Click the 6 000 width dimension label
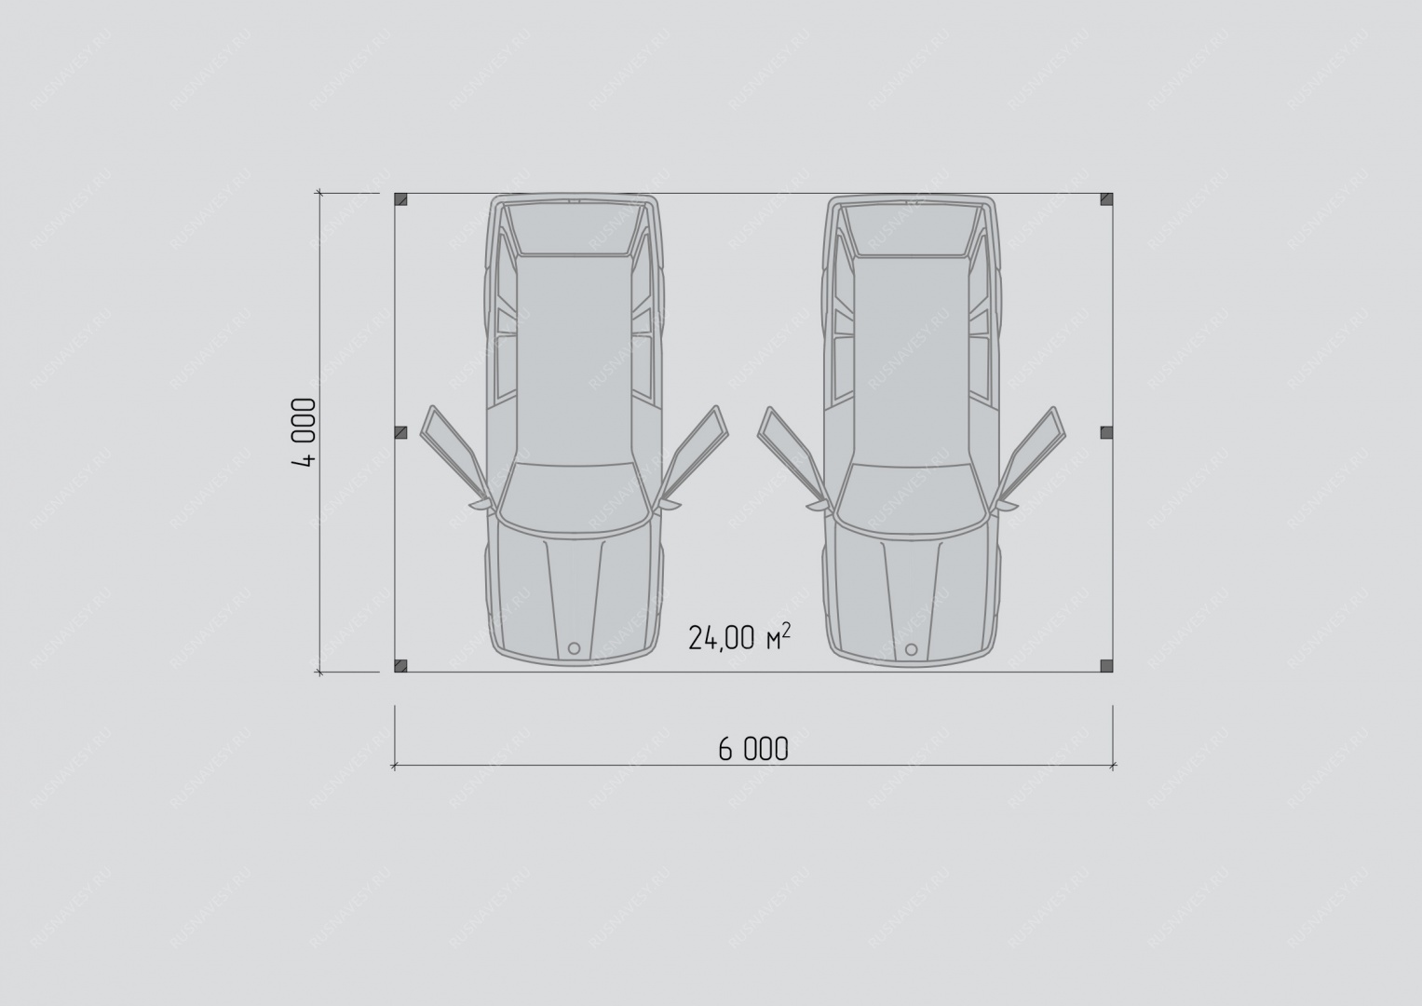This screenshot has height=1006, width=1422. pyautogui.click(x=753, y=750)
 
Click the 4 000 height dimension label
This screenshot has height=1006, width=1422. pyautogui.click(x=304, y=432)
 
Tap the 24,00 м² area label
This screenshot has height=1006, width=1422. pyautogui.click(x=739, y=638)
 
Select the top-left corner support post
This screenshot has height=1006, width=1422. pyautogui.click(x=400, y=199)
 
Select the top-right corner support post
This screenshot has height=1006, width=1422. pyautogui.click(x=1106, y=199)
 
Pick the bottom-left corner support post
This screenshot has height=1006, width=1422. pyautogui.click(x=400, y=666)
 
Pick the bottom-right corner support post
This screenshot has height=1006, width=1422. pyautogui.click(x=1106, y=666)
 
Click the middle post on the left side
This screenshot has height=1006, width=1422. pyautogui.click(x=400, y=432)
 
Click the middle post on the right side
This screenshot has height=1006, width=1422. pyautogui.click(x=1106, y=432)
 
